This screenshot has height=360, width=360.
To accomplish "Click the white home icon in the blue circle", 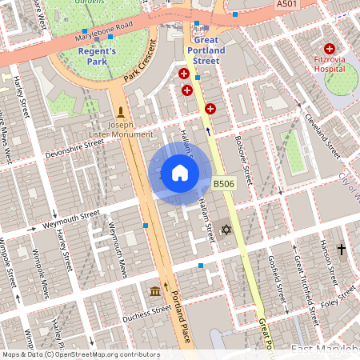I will (180, 173).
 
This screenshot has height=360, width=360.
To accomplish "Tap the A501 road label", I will (287, 5).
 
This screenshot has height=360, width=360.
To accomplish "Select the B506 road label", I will (224, 184).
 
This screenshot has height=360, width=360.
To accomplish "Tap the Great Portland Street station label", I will (206, 50).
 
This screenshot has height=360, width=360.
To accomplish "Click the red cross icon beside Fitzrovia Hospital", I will (329, 50).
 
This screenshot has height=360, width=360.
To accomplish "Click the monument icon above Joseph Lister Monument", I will (121, 110).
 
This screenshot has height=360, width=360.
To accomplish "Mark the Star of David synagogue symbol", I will (226, 230).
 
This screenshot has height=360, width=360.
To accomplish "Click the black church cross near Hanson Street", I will (342, 250).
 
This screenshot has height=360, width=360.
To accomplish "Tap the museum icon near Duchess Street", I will (154, 290).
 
